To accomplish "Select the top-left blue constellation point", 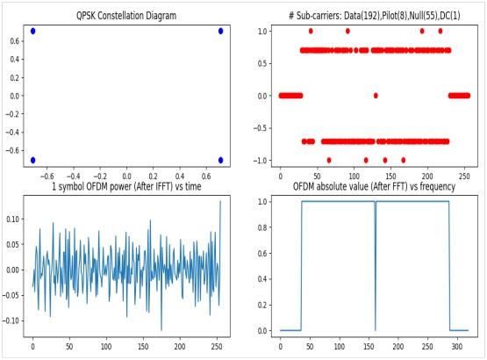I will point(33,31).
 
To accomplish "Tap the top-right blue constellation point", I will point(220,31).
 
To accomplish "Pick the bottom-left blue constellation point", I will point(33,160).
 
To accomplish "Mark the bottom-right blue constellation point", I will point(220,160).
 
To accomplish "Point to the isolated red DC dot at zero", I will point(376,95).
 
